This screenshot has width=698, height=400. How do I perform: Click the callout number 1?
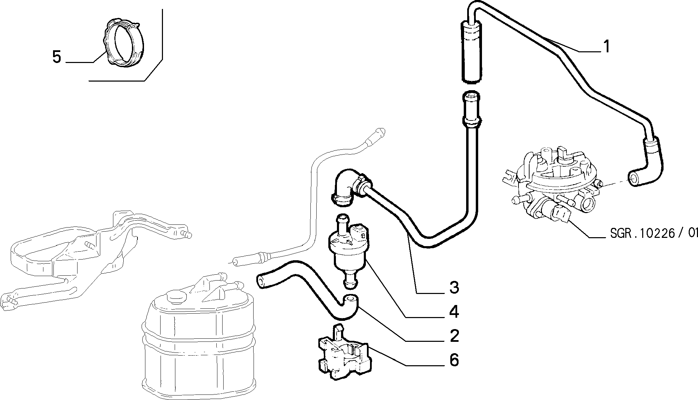(x=607, y=47)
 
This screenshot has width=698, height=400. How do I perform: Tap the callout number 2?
(x=454, y=336)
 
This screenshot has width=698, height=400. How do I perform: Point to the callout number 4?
(x=454, y=312)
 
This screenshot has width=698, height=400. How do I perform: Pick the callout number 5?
(x=57, y=57)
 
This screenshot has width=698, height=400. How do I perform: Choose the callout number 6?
(x=454, y=360)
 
